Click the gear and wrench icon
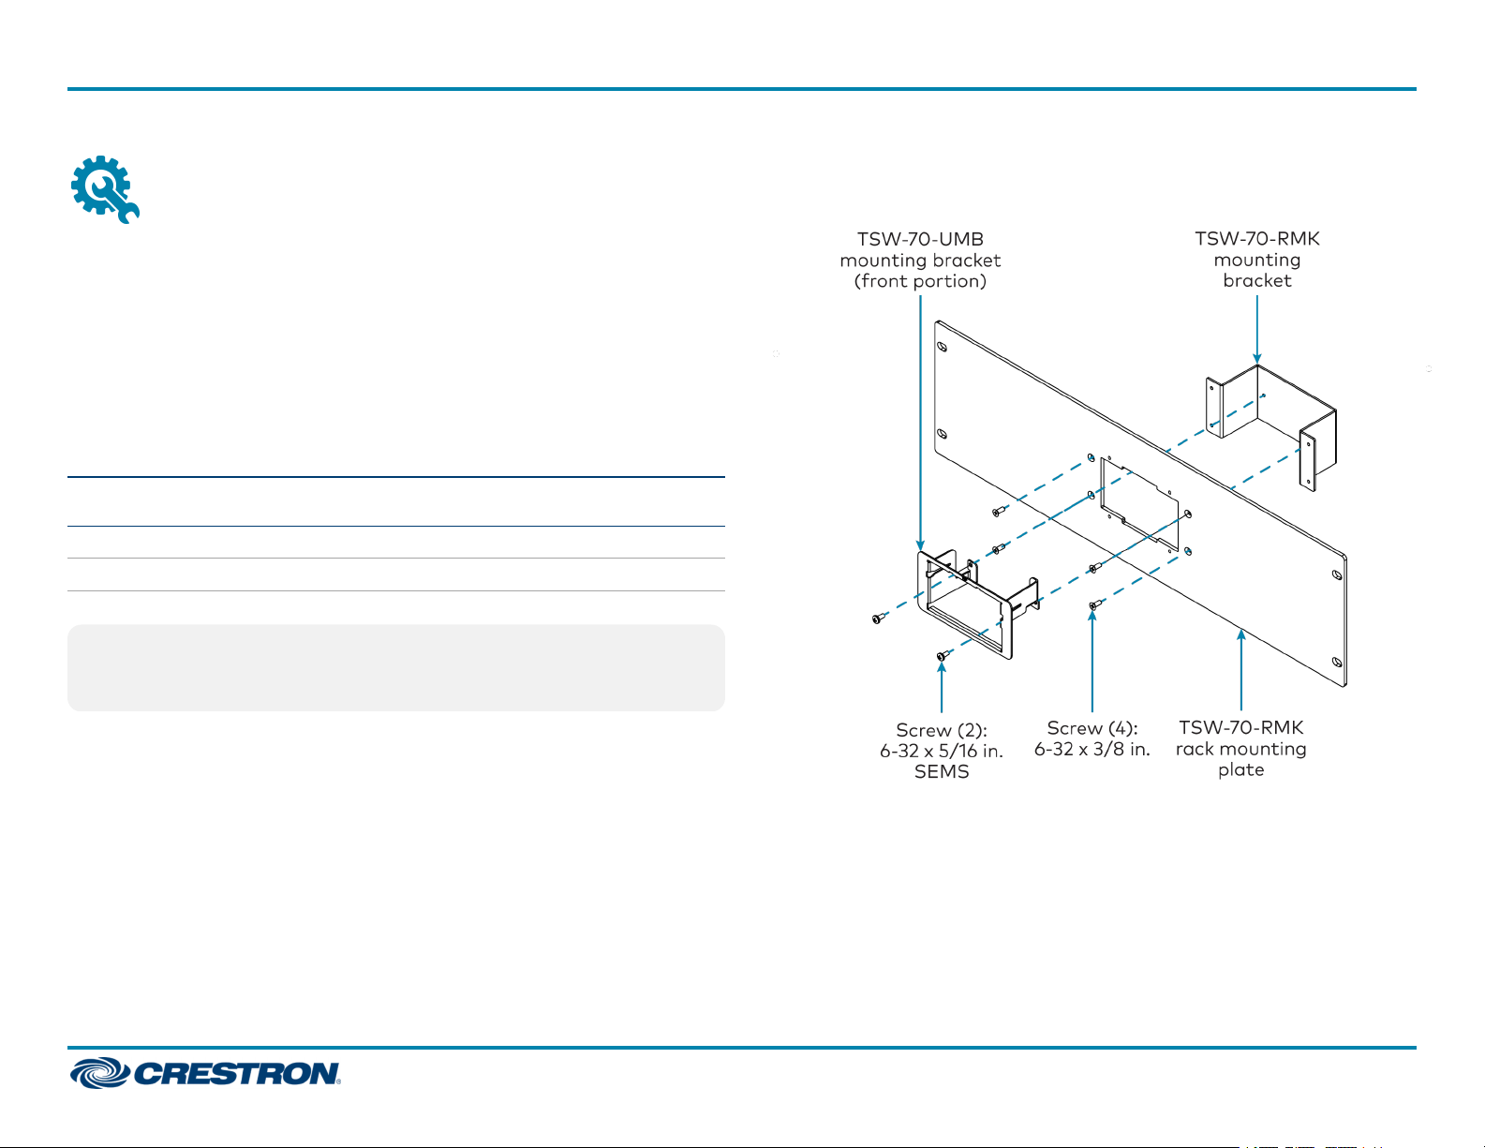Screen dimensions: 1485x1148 point(105,189)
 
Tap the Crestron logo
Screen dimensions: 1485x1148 point(205,1073)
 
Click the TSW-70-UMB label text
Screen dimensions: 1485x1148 point(920,239)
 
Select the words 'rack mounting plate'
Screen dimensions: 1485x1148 point(1240,759)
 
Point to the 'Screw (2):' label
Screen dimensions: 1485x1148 point(942,730)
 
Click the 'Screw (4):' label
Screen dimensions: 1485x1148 point(1092,728)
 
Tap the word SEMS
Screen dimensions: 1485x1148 point(942,772)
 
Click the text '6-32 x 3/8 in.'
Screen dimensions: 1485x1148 point(1092,750)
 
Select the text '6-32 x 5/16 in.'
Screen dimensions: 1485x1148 point(942,751)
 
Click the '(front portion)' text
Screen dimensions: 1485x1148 point(920,281)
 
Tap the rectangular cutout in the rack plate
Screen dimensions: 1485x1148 point(1138,501)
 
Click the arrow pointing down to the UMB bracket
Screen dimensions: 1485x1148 point(921,422)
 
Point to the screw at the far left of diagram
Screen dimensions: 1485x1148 point(878,619)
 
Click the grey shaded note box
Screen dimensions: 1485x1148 point(395,667)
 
